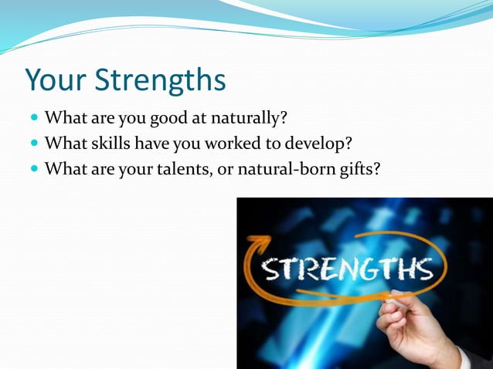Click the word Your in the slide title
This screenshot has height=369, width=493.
[x=56, y=80]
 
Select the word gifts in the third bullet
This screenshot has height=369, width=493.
[x=359, y=168]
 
